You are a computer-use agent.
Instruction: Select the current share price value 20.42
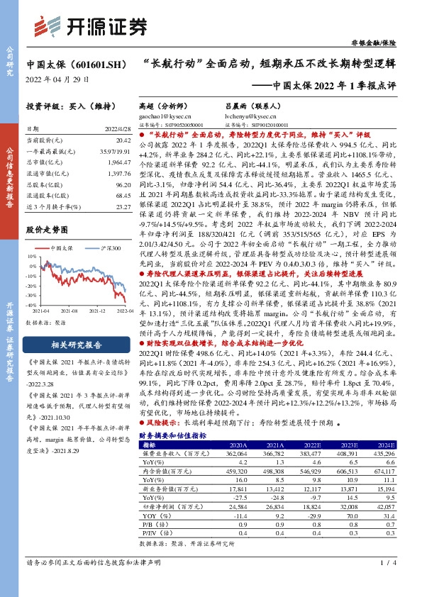click(123, 141)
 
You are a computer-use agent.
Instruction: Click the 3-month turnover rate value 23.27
click(123, 206)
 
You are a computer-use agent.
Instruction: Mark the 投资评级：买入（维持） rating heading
click(65, 104)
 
